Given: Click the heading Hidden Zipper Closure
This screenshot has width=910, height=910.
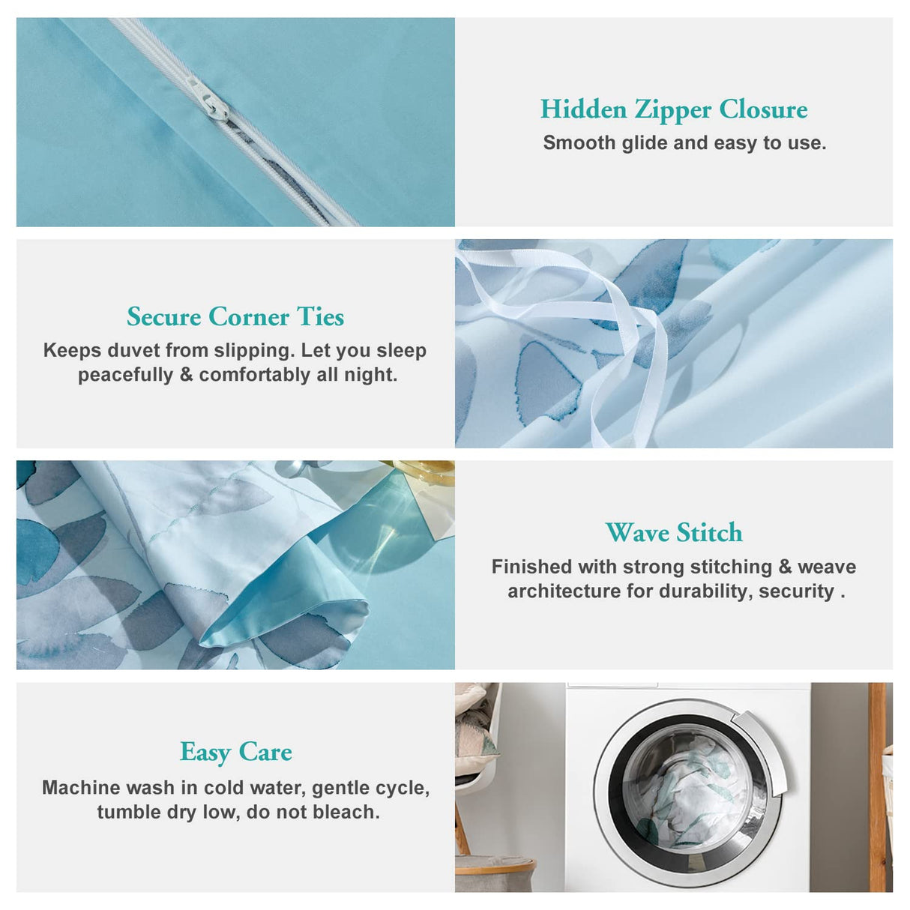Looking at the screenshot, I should pos(674,109).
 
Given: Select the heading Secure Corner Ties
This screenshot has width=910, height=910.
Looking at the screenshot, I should pos(235,317).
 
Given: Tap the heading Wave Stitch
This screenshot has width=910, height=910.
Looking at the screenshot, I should pos(674,533).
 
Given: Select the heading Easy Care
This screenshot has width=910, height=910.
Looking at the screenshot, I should pos(235,752).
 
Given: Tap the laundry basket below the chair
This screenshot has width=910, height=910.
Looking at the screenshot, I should pos(495,873).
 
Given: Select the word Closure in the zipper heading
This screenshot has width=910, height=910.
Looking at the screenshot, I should pos(763,109).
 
